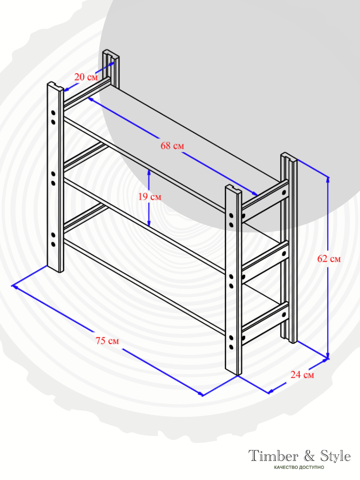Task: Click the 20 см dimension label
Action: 86,77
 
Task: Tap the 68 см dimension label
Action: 172,146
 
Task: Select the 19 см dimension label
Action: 150,197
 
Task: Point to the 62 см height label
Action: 329,259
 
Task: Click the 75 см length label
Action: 107,341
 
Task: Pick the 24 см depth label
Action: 302,375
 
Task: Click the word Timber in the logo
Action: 273,456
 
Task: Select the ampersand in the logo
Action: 309,456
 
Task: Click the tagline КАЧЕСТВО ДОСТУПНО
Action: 299,468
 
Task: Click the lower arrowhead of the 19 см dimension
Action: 149,224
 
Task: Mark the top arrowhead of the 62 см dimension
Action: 328,179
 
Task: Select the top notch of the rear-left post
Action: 111,54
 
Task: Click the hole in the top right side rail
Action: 284,193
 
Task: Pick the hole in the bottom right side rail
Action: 284,315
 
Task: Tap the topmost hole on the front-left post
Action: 53,113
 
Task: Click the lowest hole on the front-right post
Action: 231,347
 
